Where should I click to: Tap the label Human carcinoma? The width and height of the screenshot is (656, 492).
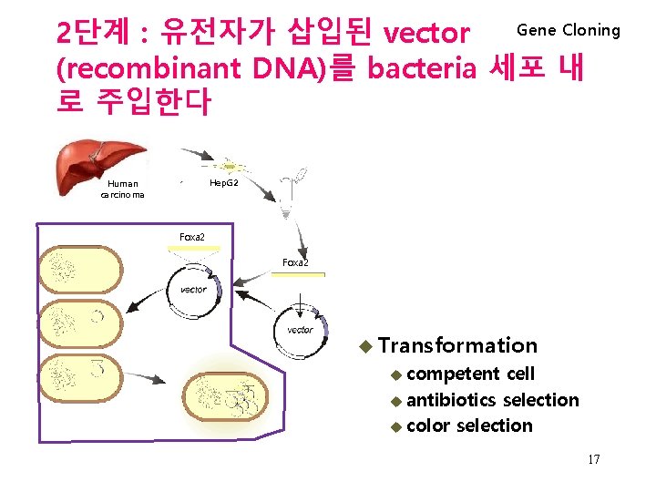click(x=122, y=189)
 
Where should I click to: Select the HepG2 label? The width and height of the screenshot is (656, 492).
click(x=223, y=183)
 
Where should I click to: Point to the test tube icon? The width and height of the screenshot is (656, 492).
click(x=292, y=197)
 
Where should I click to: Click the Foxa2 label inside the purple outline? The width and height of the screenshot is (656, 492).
click(x=191, y=238)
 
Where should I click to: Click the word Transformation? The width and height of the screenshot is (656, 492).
click(x=457, y=345)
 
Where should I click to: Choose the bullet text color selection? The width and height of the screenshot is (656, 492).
click(x=469, y=425)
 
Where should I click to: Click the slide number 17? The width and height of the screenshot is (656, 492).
click(x=593, y=459)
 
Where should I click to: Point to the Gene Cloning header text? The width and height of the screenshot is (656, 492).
click(x=568, y=30)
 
